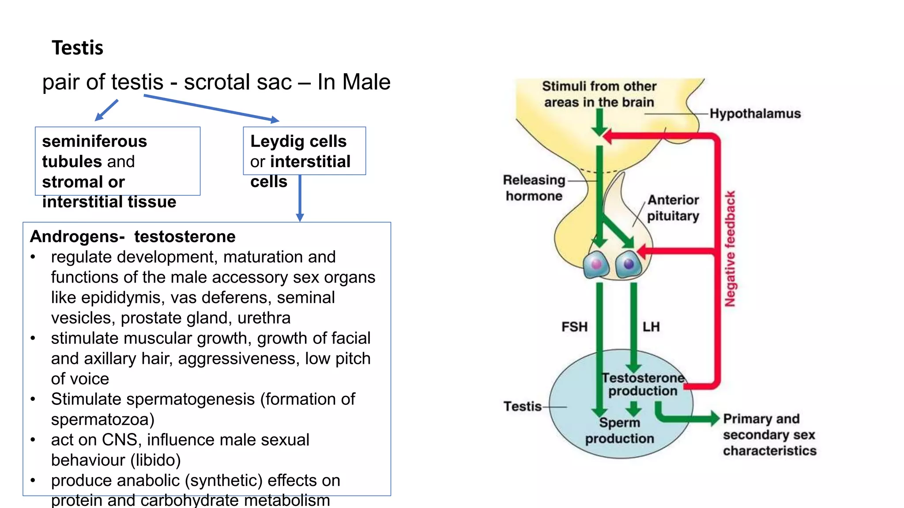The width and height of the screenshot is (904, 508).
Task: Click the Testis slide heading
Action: click(x=77, y=48)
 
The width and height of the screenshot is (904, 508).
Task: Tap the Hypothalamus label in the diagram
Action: click(x=755, y=114)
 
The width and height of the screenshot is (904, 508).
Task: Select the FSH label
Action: click(x=574, y=327)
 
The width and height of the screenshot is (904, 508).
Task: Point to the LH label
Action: click(x=651, y=327)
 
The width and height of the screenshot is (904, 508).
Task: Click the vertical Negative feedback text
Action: click(x=730, y=249)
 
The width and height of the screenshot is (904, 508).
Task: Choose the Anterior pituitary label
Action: click(x=673, y=208)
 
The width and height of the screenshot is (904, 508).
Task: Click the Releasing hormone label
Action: click(x=534, y=188)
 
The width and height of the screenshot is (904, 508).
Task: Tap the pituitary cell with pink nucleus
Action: click(x=596, y=265)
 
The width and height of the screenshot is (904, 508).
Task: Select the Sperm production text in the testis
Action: click(x=620, y=430)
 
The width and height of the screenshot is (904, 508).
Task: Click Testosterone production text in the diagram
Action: click(x=643, y=385)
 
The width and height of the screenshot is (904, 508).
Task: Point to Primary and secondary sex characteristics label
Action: click(x=769, y=435)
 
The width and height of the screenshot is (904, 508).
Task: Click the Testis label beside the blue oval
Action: click(x=522, y=406)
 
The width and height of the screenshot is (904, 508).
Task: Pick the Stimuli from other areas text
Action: click(x=599, y=94)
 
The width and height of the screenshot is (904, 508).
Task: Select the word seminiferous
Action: click(x=94, y=142)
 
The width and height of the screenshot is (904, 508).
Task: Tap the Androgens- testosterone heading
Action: click(x=132, y=237)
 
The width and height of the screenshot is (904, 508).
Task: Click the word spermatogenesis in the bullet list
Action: click(x=191, y=399)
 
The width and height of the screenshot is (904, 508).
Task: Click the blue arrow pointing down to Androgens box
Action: click(x=300, y=198)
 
